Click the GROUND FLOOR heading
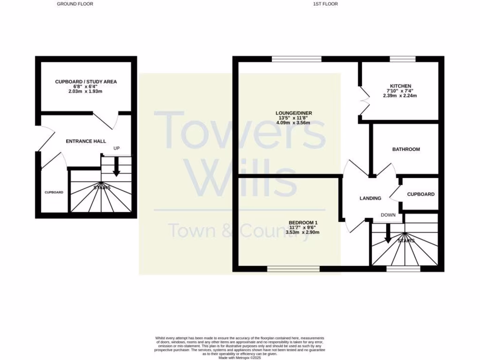coord(75,4)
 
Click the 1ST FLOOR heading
coord(326,4)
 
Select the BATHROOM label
coord(406,150)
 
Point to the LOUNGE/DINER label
coord(294,113)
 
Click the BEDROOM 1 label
coord(303,223)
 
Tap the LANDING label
coord(370,198)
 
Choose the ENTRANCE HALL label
coord(86,141)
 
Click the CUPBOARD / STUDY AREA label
coord(86,82)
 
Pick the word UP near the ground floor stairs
coord(117,149)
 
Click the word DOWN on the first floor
coord(388,216)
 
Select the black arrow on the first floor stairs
coord(388,234)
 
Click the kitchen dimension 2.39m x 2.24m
coord(400,96)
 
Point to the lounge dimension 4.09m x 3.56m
coord(294,123)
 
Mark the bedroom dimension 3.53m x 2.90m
coord(303,232)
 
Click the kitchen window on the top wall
coord(403,59)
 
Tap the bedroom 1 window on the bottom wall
coord(293,269)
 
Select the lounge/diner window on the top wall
coord(297,59)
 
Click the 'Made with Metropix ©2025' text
coord(240,357)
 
